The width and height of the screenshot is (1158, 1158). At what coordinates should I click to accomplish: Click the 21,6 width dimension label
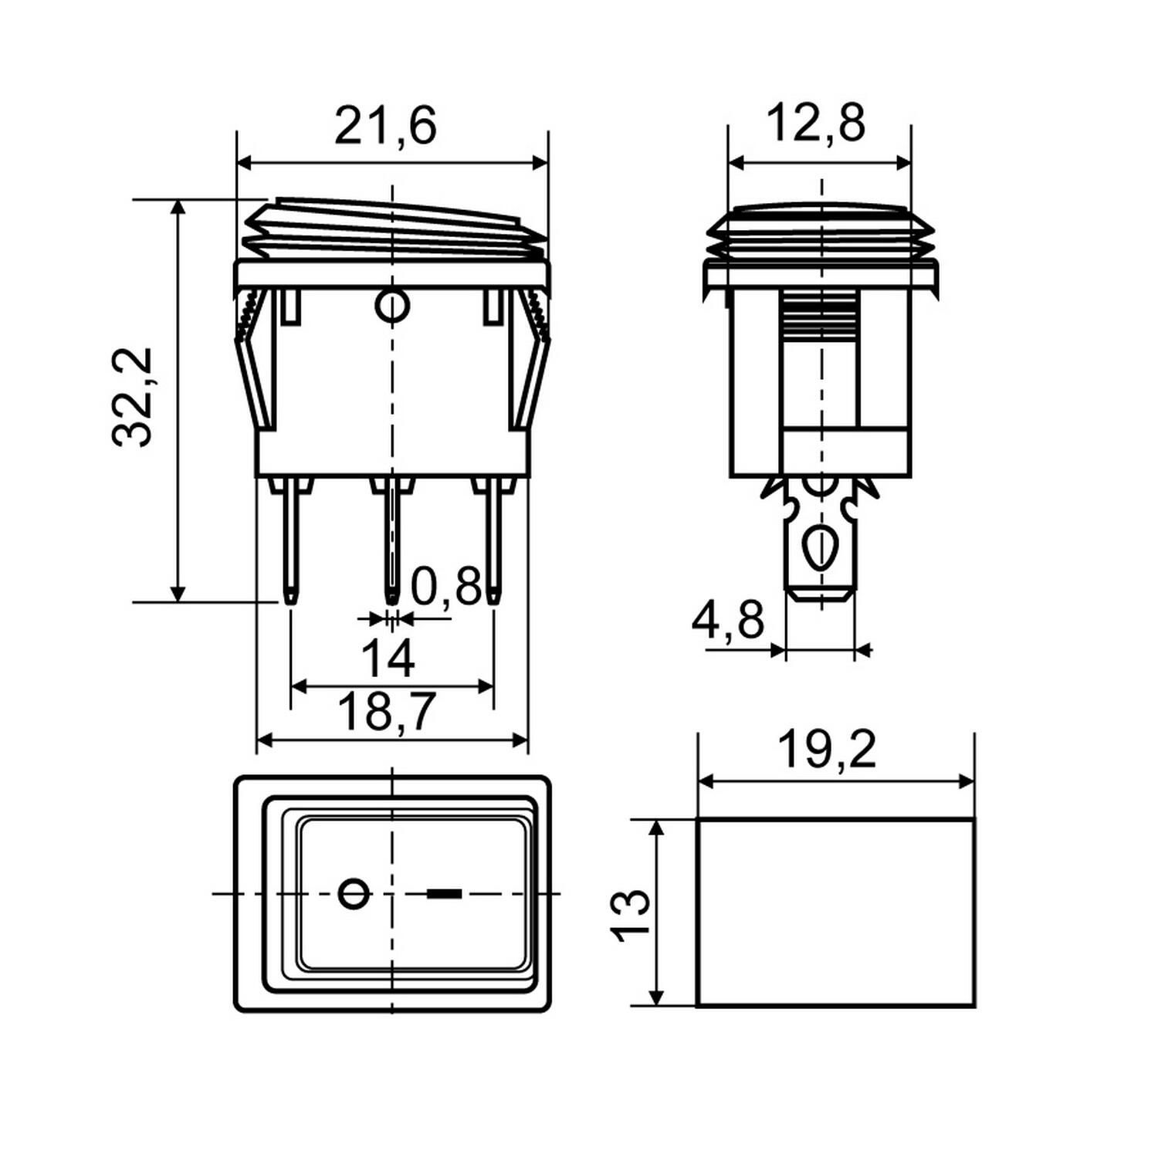coord(385,126)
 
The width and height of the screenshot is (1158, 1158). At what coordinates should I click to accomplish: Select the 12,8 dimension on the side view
coord(816,124)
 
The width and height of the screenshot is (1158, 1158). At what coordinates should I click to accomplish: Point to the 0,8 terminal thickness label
coord(446,587)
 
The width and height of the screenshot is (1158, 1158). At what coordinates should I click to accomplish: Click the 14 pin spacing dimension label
coord(388,659)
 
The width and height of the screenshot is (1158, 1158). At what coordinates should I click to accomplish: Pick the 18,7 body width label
coord(388,712)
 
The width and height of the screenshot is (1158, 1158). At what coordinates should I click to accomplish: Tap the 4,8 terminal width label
coord(727,620)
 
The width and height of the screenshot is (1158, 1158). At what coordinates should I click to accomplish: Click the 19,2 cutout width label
coord(827,748)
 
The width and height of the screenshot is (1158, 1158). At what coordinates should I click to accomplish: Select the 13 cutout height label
coord(631,915)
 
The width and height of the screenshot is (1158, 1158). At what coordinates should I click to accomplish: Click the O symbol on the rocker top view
coord(355,894)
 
